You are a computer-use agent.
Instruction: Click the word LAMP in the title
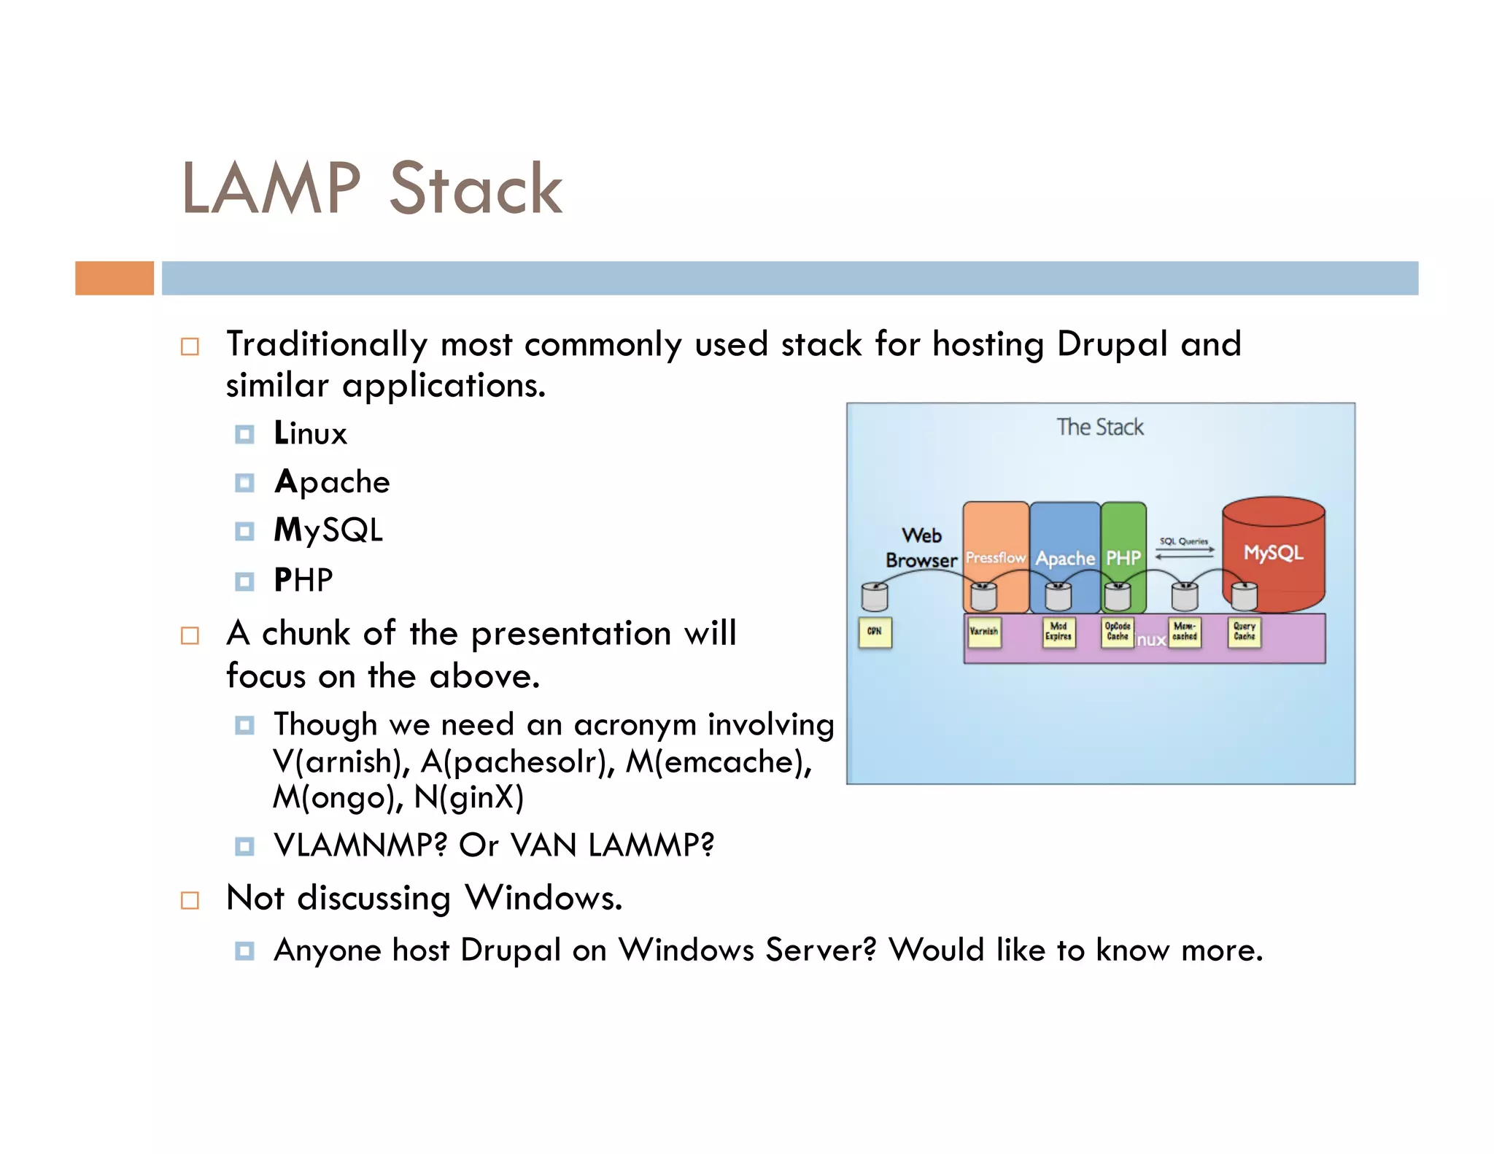pos(271,189)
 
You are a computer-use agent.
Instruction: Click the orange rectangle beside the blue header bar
pos(115,278)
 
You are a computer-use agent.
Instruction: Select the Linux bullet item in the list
pos(310,434)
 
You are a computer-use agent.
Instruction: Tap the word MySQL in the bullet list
pos(328,530)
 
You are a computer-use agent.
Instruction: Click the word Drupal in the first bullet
pos(1112,344)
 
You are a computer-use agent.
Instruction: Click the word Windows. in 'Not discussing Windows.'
pos(544,898)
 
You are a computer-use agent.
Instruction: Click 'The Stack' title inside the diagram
pos(1100,427)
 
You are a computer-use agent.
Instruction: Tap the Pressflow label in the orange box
pos(995,558)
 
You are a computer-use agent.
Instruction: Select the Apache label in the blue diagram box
pos(1065,559)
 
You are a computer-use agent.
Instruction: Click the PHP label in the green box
pos(1123,559)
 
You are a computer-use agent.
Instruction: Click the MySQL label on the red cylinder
pos(1273,553)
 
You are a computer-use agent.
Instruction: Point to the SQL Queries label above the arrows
pos(1183,541)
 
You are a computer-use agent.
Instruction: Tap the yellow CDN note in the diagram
pos(875,632)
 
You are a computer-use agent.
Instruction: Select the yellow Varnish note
pos(983,632)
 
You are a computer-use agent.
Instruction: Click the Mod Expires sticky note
pos(1058,632)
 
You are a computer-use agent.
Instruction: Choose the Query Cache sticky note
pos(1244,632)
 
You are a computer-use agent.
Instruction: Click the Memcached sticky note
pos(1185,632)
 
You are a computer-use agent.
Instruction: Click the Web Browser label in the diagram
pos(921,548)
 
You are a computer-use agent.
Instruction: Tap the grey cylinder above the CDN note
pos(874,597)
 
